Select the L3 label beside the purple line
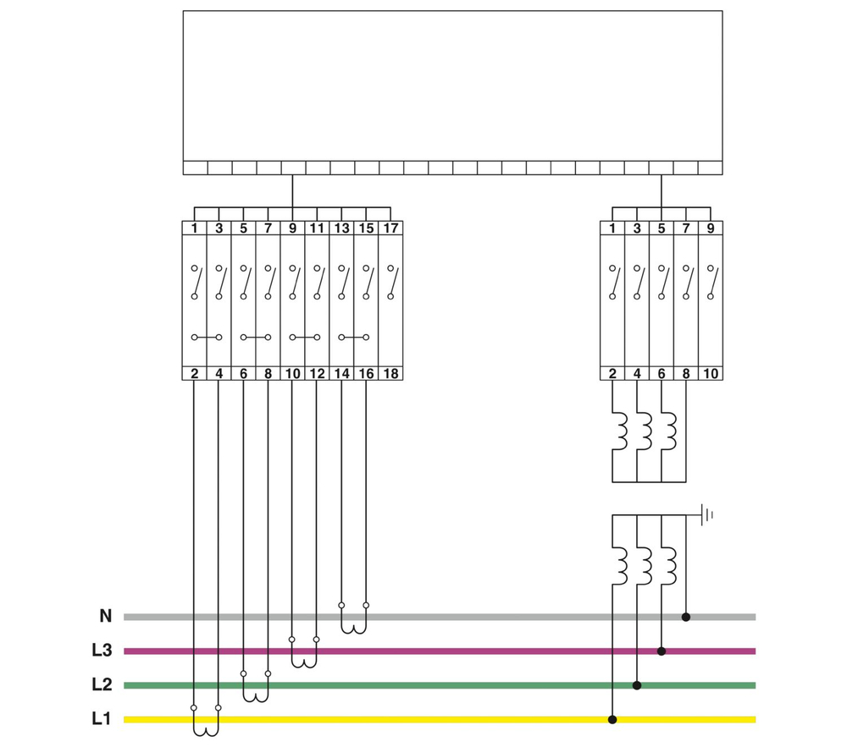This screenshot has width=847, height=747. tap(102, 651)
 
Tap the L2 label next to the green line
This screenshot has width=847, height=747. tap(102, 685)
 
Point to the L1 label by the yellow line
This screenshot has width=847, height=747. tap(102, 719)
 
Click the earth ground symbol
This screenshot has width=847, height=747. tap(706, 514)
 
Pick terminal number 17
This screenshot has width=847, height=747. tap(390, 228)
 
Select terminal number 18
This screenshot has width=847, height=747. tap(390, 374)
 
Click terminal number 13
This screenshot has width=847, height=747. tap(341, 228)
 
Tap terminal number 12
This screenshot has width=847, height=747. tap(317, 374)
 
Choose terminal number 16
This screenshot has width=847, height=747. tap(366, 374)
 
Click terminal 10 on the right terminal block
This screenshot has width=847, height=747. tap(711, 374)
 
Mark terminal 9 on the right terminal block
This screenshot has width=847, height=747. tap(711, 228)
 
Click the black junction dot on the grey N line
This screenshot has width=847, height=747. tap(686, 617)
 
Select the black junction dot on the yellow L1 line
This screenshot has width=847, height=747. tap(612, 719)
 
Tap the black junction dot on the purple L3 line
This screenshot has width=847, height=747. tap(662, 651)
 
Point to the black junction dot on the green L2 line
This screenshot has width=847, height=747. tap(637, 685)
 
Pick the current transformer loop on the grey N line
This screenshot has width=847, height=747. tap(354, 626)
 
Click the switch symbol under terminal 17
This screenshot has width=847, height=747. tap(391, 282)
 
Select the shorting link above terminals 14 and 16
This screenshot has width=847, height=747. tap(354, 338)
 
